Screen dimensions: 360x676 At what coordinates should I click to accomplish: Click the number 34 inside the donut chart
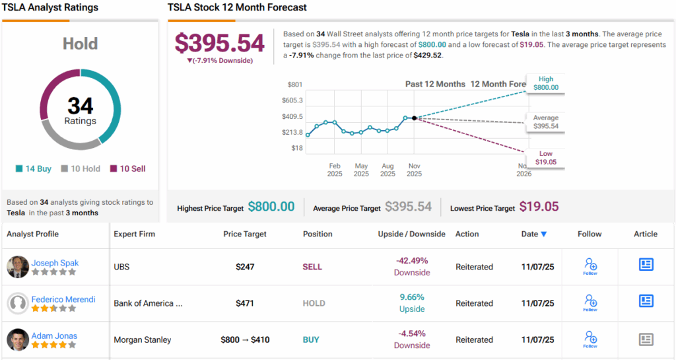click(80, 106)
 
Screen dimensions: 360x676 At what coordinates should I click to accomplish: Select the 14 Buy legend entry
click(34, 168)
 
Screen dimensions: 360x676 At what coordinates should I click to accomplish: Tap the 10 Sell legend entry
click(128, 168)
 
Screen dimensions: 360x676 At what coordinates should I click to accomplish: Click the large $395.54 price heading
click(219, 43)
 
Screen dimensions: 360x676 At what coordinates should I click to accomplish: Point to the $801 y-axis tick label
click(294, 85)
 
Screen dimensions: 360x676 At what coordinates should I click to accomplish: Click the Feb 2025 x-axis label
click(335, 170)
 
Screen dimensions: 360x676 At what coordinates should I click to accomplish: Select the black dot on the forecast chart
click(414, 118)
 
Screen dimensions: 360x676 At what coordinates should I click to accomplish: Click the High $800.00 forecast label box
click(546, 83)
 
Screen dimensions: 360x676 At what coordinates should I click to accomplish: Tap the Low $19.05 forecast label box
click(546, 158)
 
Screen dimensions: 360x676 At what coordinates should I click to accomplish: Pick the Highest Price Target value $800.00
click(271, 207)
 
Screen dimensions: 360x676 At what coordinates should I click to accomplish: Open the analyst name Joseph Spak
click(55, 262)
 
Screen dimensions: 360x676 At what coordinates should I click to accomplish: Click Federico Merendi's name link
click(63, 299)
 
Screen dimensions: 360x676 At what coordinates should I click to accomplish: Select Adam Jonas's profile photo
click(18, 340)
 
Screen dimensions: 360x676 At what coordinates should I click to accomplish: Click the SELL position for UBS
click(312, 267)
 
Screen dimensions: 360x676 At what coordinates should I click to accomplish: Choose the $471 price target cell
click(245, 303)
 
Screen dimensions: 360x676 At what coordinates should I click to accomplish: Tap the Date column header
click(533, 234)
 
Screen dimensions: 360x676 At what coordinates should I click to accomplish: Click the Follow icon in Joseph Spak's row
click(590, 266)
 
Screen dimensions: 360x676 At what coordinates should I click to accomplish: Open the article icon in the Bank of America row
click(646, 301)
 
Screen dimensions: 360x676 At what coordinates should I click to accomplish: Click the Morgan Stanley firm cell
click(142, 340)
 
